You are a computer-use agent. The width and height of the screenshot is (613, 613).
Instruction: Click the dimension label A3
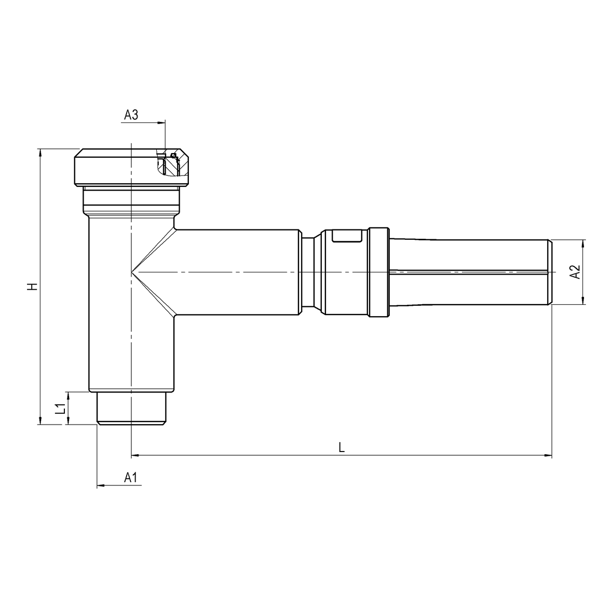[131, 115]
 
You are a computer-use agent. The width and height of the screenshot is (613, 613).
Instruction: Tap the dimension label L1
[61, 408]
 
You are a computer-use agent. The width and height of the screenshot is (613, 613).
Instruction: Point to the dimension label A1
[131, 478]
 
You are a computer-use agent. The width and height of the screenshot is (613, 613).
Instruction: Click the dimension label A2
[575, 271]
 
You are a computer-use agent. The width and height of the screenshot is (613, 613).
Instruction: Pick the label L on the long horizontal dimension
[341, 447]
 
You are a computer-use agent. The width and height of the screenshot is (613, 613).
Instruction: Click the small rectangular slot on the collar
[347, 236]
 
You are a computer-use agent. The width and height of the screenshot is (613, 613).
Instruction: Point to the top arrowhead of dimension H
[39, 152]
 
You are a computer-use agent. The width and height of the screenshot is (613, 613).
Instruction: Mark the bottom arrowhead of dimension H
[39, 421]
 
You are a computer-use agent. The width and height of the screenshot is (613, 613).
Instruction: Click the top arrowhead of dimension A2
[584, 243]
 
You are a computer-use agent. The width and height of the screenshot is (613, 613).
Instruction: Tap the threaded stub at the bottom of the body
[131, 408]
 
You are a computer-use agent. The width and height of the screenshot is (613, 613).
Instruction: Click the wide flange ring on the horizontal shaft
[378, 272]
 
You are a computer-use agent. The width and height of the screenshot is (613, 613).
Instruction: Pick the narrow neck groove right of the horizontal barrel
[311, 272]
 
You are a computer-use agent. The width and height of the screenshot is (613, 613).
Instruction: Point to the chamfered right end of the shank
[550, 272]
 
